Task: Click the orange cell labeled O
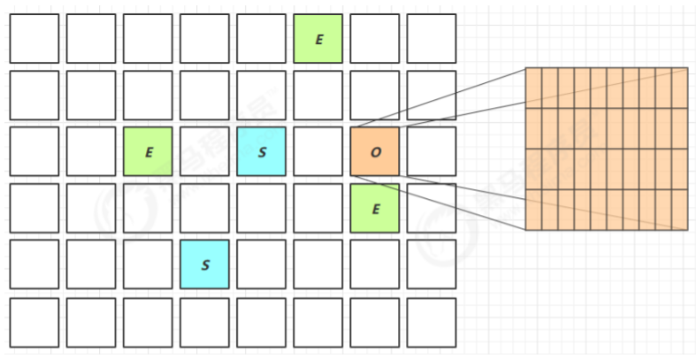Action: coord(375,151)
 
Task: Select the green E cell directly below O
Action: coord(375,208)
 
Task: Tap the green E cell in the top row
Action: coord(318,38)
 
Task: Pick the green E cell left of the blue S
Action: coord(148,151)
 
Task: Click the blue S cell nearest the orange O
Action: coord(262,151)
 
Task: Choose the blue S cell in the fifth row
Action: coord(204,264)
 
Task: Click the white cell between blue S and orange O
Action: coord(318,151)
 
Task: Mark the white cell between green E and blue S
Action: coord(204,151)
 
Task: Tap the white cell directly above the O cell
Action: coord(375,95)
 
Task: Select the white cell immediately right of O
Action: coord(432,151)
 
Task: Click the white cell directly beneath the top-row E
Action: coord(318,95)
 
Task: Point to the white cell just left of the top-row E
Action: coord(262,38)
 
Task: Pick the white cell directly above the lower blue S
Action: coord(204,208)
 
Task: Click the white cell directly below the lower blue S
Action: coord(204,321)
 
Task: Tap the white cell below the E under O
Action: coord(375,264)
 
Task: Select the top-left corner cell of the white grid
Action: coord(34,38)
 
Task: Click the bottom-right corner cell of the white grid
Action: coord(432,321)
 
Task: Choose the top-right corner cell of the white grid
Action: coord(432,38)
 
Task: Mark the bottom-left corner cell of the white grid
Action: coord(34,321)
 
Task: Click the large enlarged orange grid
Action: coord(606,149)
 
